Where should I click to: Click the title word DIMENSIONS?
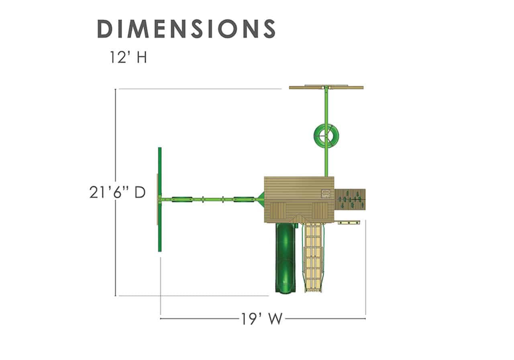click(186, 29)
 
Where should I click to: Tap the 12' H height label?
click(128, 57)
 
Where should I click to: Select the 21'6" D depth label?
click(118, 192)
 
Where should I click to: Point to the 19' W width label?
click(261, 319)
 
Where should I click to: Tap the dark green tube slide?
click(286, 258)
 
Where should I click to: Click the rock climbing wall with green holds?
click(350, 200)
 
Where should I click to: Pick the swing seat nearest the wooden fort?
click(244, 199)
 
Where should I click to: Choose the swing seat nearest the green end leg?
click(182, 199)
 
